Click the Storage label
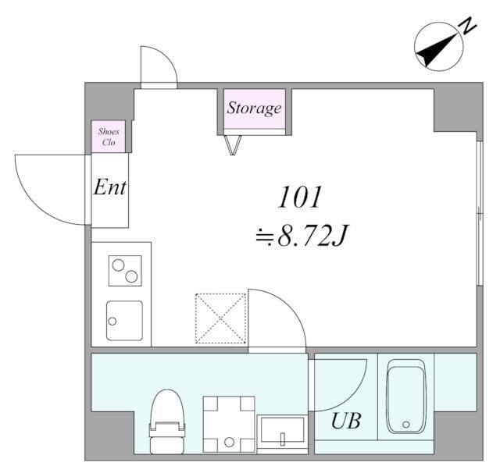click(x=254, y=108)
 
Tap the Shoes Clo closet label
click(x=109, y=137)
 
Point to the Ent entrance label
click(x=109, y=187)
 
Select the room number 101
click(x=299, y=197)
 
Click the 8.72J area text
click(x=312, y=236)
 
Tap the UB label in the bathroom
click(x=346, y=421)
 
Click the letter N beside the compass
click(x=468, y=26)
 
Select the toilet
click(x=167, y=421)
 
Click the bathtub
click(x=406, y=397)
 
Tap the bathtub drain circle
click(x=406, y=425)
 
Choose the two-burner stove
click(x=125, y=270)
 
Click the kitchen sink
click(x=124, y=321)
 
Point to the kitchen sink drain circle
click(x=112, y=321)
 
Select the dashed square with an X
click(x=220, y=318)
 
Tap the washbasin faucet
click(x=283, y=439)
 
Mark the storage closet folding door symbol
click(x=233, y=145)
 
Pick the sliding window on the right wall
click(x=480, y=213)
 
